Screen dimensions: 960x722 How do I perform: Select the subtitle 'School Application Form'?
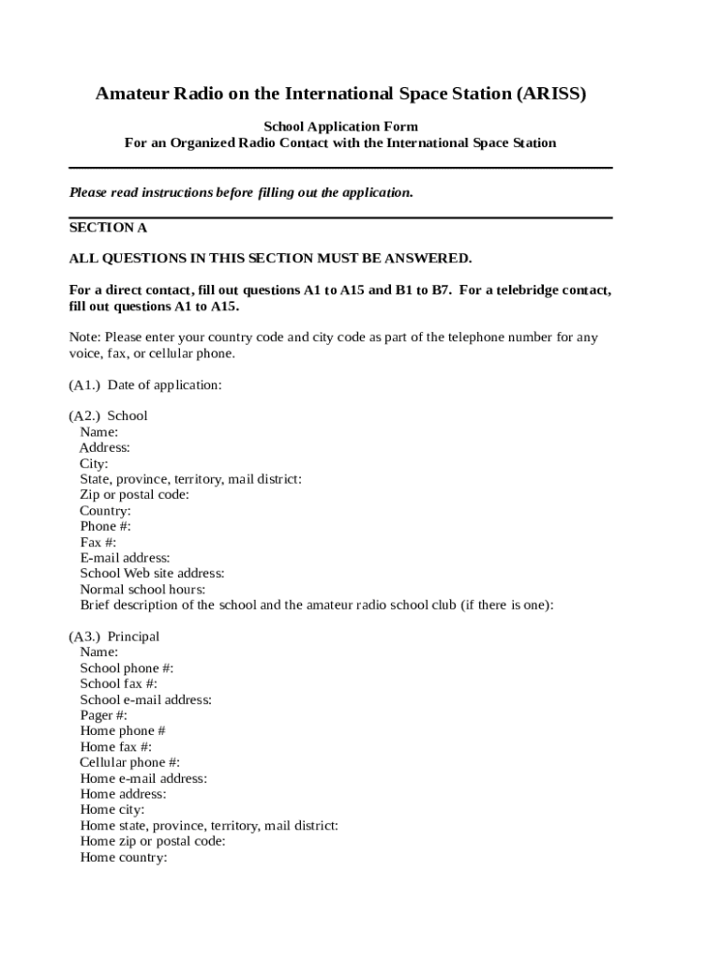tap(340, 127)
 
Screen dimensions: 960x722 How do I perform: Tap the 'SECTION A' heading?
tap(108, 228)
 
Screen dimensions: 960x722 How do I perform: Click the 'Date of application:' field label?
tap(165, 384)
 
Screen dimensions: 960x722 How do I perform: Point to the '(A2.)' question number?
tap(84, 415)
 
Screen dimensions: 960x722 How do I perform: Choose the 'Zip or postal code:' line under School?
tap(134, 494)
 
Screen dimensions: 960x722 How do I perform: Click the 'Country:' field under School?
tap(105, 511)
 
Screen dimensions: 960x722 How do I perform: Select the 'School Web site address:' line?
tap(152, 573)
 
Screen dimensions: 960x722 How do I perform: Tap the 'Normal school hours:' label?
tap(143, 590)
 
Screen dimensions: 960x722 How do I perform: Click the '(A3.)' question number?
tap(84, 637)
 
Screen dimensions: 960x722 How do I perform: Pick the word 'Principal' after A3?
tap(133, 637)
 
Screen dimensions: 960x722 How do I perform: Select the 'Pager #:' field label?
tap(103, 715)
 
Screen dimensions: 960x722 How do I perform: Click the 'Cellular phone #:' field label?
tap(129, 762)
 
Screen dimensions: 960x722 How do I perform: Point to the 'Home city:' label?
tap(113, 810)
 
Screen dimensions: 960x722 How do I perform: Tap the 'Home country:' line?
tap(124, 857)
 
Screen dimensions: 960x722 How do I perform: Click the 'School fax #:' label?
tap(119, 683)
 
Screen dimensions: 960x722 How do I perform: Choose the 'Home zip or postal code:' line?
tap(153, 841)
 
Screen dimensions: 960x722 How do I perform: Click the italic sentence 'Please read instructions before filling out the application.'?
tap(241, 193)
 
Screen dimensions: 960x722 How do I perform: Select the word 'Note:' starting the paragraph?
tap(85, 337)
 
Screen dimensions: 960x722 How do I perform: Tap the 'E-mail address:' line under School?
tap(125, 558)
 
